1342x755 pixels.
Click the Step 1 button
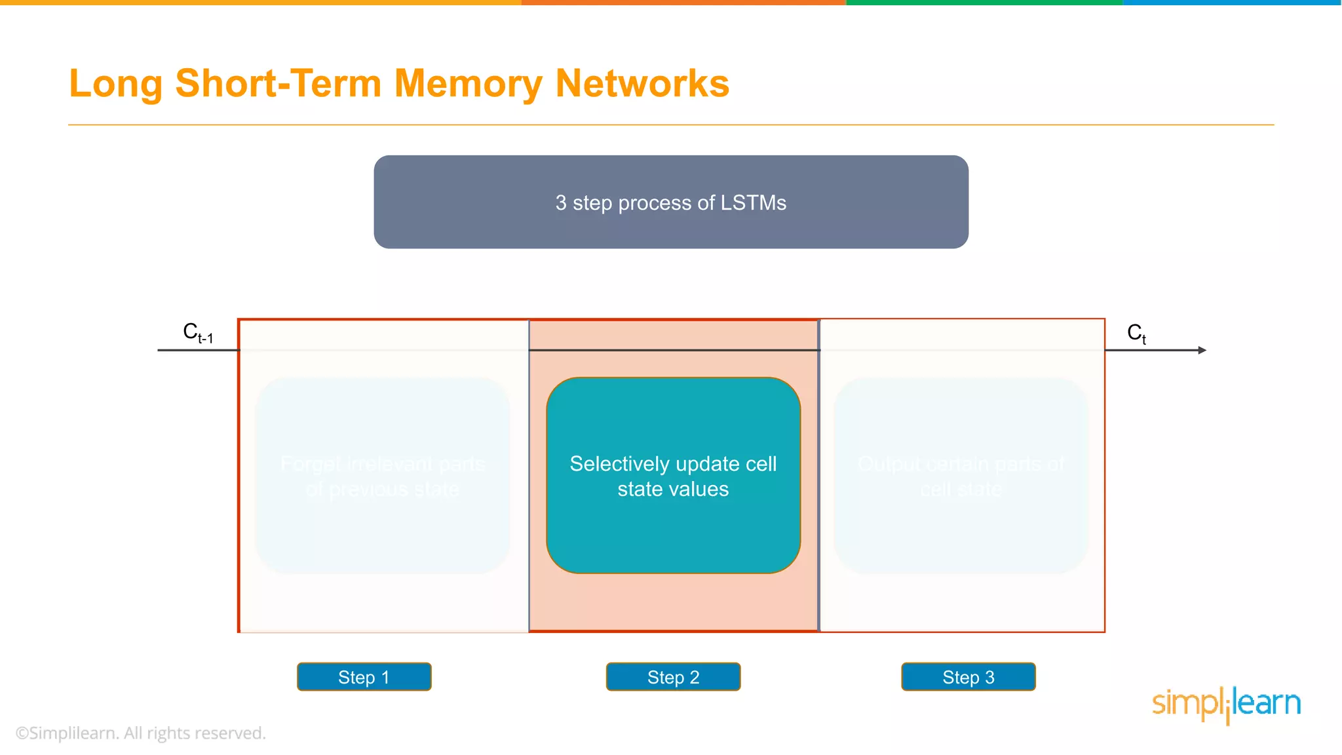point(364,677)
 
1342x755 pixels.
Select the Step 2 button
point(673,677)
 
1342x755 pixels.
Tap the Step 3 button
point(968,677)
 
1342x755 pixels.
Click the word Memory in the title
point(468,84)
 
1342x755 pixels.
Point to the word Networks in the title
point(642,84)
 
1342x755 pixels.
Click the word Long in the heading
point(115,84)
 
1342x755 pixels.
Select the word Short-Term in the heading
point(278,84)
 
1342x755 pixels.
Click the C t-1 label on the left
point(197,333)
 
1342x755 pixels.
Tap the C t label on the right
point(1136,333)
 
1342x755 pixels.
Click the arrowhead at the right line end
point(1202,350)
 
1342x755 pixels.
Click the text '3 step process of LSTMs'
point(670,203)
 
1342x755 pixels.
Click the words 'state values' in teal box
point(673,489)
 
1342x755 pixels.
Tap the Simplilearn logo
point(1226,704)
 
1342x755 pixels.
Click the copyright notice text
point(141,733)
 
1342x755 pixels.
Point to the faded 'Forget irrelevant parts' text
point(382,464)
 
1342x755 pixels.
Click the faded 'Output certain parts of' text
point(961,464)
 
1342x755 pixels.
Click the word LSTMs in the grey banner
point(753,203)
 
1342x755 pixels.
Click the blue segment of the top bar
point(1232,3)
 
